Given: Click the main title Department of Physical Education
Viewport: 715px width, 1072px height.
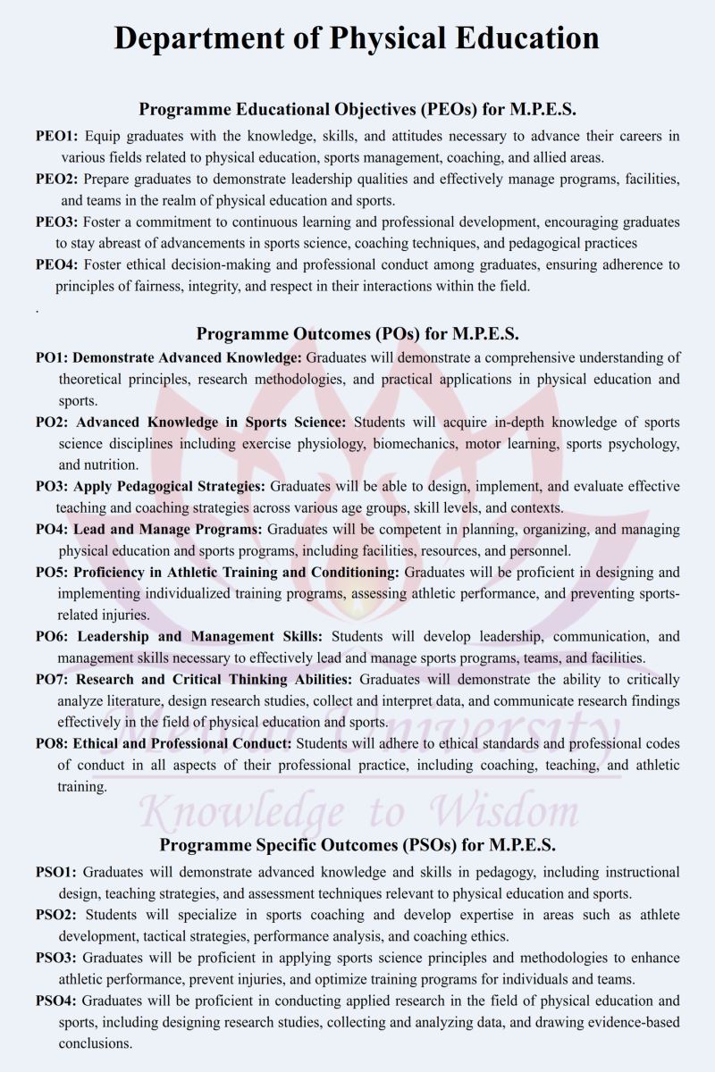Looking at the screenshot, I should click(x=357, y=39).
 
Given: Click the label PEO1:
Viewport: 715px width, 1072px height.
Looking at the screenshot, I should click(x=57, y=137).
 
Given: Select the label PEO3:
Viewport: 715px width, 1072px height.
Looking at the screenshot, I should click(x=57, y=222).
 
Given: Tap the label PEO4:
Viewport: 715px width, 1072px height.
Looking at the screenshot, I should click(x=57, y=264).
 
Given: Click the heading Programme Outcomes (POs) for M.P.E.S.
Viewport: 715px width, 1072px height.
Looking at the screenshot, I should click(x=357, y=334).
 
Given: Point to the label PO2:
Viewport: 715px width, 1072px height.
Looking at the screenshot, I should click(x=52, y=422).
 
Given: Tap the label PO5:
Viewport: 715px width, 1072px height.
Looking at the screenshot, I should click(x=52, y=572).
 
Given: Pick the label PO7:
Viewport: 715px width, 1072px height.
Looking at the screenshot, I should click(x=52, y=679).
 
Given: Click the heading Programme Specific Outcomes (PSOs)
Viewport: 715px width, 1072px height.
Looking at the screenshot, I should click(x=357, y=844).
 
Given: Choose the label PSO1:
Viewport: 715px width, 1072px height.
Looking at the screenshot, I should click(x=56, y=872).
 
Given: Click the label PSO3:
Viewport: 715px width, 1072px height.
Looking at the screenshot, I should click(x=56, y=958).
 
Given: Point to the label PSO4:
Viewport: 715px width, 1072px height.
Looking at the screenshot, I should click(x=56, y=1001).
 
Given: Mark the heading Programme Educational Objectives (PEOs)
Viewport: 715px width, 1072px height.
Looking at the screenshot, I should click(x=357, y=109).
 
